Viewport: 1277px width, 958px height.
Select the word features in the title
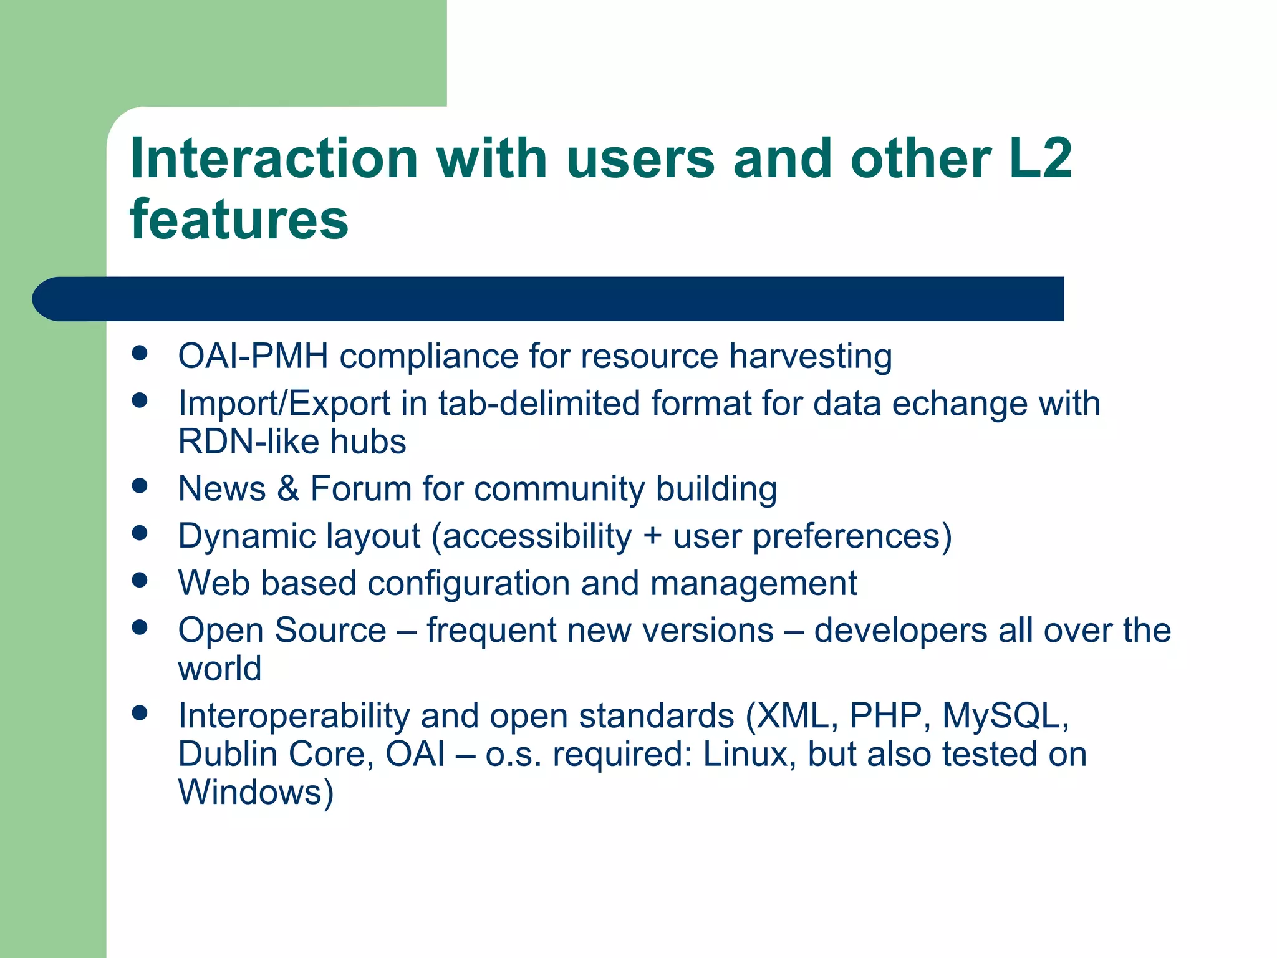click(239, 220)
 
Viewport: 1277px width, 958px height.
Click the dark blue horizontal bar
click(549, 299)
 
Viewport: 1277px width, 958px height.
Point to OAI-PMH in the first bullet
click(253, 356)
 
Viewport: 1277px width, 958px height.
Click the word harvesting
click(810, 357)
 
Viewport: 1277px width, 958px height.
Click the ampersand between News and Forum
click(288, 488)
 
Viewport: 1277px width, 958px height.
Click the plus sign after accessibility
click(652, 536)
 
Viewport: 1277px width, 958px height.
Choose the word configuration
click(468, 584)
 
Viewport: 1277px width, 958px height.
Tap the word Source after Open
click(330, 630)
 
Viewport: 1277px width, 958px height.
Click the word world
click(219, 669)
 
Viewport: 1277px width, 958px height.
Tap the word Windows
click(256, 793)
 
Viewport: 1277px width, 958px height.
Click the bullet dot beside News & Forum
click(140, 486)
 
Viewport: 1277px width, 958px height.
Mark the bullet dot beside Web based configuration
click(140, 581)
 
